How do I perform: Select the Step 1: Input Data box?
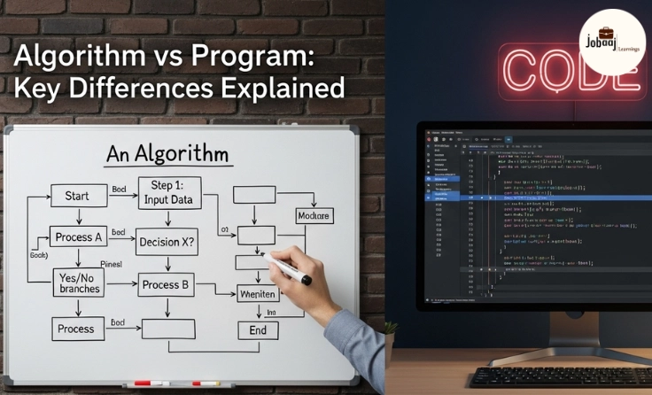coord(169,192)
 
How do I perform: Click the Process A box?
coord(79,238)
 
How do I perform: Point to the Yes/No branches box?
coord(79,282)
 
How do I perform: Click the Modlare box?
coord(313,216)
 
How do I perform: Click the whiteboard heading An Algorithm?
coord(167,155)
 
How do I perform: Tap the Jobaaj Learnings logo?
coord(610,41)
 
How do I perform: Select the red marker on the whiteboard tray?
coord(143,384)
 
